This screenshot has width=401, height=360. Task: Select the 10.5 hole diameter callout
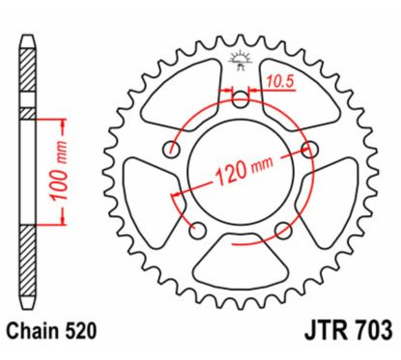tap(281, 80)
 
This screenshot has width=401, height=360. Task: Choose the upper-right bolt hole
tap(310, 148)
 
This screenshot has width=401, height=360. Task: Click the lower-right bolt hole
tap(284, 229)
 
